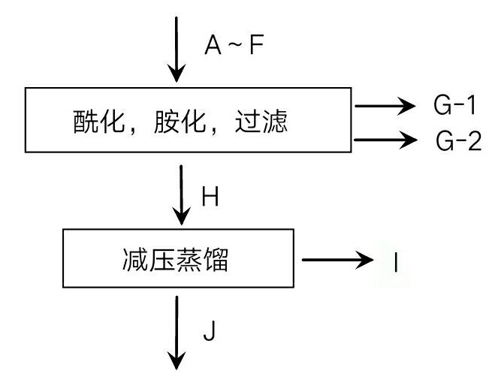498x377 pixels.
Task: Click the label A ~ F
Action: coord(234,47)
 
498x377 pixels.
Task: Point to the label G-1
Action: coord(456,106)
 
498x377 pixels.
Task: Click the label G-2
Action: coord(458,140)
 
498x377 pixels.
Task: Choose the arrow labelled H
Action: coord(181,194)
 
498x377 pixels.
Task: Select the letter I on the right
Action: coord(395,262)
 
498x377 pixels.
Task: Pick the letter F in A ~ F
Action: coord(257,47)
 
